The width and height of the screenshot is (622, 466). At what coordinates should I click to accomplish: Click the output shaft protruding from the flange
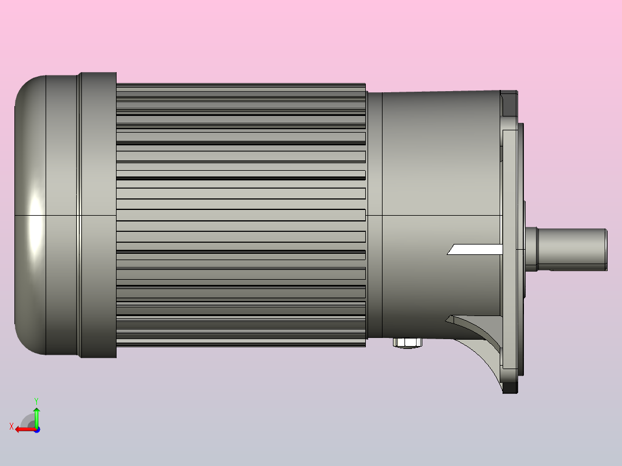(571, 249)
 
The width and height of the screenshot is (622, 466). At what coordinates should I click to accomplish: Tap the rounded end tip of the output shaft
(605, 249)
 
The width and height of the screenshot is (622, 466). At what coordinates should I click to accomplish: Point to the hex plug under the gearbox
(407, 343)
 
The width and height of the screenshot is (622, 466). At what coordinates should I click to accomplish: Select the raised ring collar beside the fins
(98, 215)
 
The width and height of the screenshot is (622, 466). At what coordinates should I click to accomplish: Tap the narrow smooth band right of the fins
(374, 215)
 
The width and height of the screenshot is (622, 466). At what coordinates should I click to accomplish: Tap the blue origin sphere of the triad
(36, 430)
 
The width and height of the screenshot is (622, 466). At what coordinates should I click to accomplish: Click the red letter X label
(12, 426)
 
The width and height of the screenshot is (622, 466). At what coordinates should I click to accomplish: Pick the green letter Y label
(36, 400)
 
